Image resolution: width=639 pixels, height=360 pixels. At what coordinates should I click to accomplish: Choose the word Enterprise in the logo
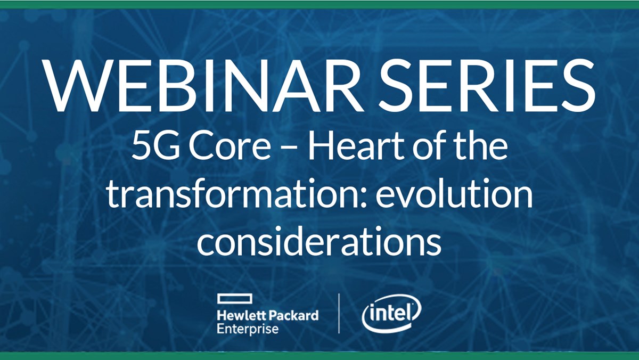click(x=248, y=329)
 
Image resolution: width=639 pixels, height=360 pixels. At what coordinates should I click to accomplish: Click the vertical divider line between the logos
click(x=339, y=314)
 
